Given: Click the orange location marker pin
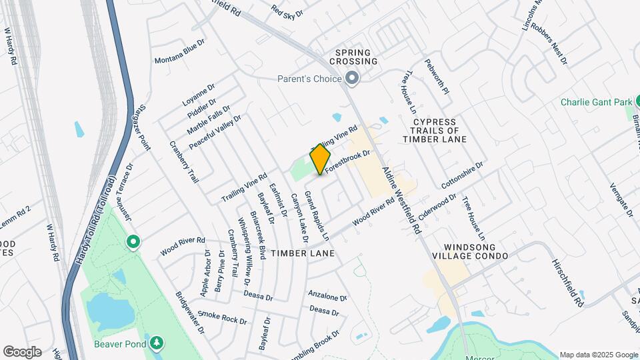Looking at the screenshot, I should click(320, 159).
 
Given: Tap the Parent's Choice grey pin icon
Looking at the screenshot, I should click(353, 79).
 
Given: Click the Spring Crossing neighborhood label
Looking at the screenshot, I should click(357, 57).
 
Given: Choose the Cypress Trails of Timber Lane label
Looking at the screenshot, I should click(434, 131).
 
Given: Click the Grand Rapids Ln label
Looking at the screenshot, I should click(317, 216).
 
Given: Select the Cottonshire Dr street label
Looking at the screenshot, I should click(461, 174).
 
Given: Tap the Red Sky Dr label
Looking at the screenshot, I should click(287, 11).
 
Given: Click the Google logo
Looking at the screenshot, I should click(22, 352).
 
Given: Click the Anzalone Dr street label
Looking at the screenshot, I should click(327, 295).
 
